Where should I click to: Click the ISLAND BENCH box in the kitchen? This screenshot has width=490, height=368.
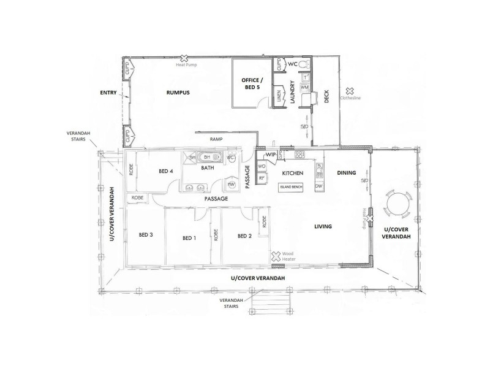[290, 186]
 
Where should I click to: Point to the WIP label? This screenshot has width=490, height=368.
[271, 155]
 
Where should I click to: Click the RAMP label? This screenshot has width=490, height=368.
[216, 139]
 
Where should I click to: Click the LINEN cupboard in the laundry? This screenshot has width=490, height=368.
[279, 96]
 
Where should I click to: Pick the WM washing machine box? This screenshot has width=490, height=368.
[304, 88]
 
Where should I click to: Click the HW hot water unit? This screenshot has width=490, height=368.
[232, 185]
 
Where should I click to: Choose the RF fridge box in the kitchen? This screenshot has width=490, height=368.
[262, 178]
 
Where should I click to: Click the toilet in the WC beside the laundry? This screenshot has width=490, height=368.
[306, 64]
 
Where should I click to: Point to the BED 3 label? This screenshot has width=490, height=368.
[146, 236]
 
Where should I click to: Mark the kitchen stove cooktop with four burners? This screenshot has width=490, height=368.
[299, 155]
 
